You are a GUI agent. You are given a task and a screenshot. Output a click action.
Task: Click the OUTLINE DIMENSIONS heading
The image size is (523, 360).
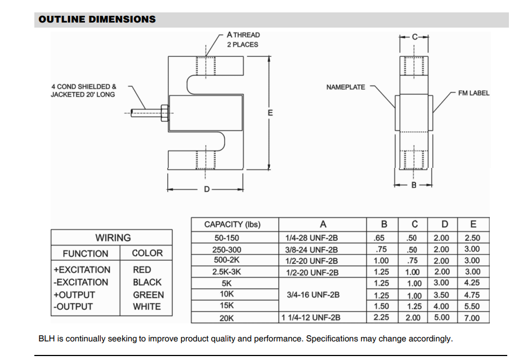click(97, 19)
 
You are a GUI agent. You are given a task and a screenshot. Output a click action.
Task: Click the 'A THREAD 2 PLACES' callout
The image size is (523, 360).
click(243, 39)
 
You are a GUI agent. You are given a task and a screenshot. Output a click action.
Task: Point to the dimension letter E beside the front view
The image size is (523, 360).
click(270, 113)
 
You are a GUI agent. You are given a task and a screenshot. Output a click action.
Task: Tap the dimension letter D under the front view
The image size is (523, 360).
click(207, 189)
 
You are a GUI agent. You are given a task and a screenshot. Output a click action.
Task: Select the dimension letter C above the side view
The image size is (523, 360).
click(414, 37)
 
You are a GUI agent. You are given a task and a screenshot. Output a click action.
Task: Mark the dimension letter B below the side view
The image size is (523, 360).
click(414, 185)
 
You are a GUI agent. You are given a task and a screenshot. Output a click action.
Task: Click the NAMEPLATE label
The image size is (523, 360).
click(345, 87)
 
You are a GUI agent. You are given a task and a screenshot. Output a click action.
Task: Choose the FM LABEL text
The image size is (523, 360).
click(473, 93)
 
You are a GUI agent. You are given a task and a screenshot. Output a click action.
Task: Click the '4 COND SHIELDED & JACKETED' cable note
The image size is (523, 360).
click(84, 91)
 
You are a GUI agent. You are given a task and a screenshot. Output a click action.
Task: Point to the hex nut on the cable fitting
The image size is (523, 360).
click(164, 113)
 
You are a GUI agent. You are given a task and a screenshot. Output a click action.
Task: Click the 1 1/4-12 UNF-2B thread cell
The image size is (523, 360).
click(311, 318)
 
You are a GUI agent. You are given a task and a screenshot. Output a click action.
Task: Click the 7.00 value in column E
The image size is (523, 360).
click(472, 318)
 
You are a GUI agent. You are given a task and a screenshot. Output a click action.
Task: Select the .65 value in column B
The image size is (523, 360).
click(381, 238)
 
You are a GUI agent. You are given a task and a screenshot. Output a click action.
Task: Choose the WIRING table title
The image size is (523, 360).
click(113, 238)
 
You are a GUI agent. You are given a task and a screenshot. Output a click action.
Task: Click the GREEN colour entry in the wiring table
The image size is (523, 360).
click(148, 295)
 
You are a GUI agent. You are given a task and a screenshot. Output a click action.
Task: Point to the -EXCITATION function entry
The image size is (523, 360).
click(81, 282)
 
